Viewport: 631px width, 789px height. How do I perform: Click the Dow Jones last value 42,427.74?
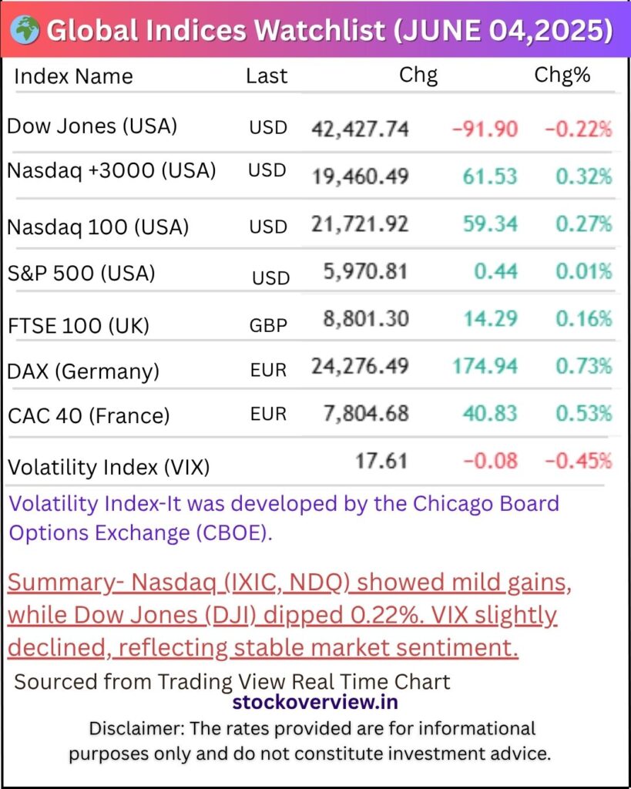[360, 129]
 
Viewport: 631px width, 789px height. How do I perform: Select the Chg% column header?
[562, 76]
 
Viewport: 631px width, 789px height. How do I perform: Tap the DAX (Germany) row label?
[83, 371]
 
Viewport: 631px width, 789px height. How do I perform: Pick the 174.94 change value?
[485, 366]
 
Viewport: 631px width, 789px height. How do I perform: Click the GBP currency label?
[268, 325]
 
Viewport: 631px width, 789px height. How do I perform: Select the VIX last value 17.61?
[381, 462]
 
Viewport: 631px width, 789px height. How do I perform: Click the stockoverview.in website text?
[315, 702]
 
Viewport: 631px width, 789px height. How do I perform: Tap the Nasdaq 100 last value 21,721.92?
[360, 224]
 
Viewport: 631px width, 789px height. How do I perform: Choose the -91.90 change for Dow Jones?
[485, 129]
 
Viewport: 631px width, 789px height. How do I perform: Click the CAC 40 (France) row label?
[89, 416]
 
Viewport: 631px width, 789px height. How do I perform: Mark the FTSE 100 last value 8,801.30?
[366, 319]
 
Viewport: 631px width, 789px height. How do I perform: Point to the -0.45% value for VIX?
[579, 462]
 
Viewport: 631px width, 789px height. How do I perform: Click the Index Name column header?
[73, 76]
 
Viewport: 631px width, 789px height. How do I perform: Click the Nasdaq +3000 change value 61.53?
[490, 176]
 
